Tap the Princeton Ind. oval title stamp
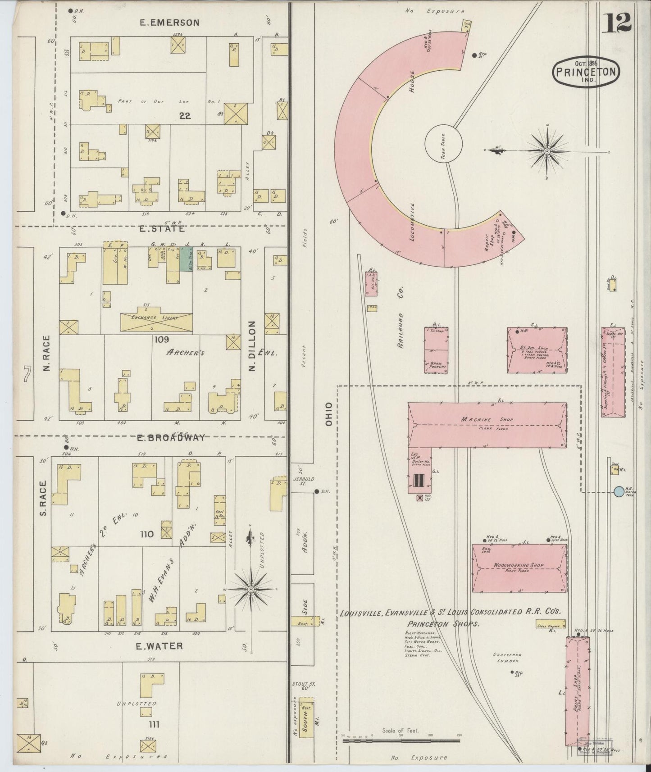(x=586, y=71)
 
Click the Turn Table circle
(x=443, y=145)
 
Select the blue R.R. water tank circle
(x=619, y=491)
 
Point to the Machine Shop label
(x=487, y=420)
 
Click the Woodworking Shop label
(x=518, y=565)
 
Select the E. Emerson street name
(x=169, y=23)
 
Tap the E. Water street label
(x=159, y=646)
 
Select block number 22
(x=185, y=115)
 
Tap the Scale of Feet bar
(x=401, y=740)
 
